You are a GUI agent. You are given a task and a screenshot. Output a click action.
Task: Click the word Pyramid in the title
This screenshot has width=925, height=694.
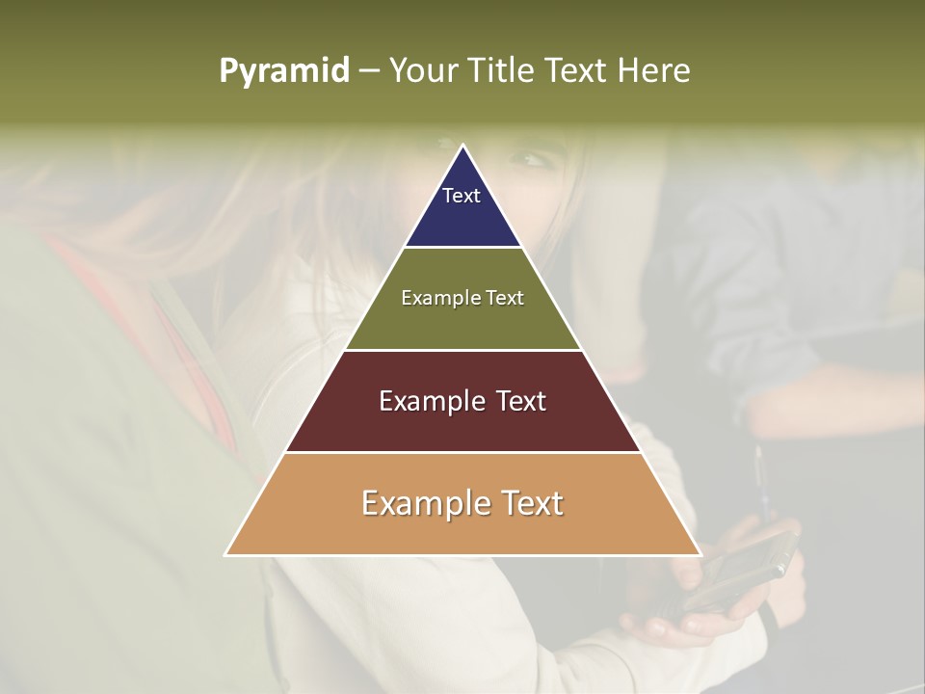point(284,71)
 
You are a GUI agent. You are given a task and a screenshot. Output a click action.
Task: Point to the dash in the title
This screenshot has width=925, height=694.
point(369,71)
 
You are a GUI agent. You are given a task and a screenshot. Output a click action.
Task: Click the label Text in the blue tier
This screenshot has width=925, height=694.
point(462,196)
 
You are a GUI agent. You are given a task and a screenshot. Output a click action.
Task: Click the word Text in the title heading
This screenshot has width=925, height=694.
point(578,70)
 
